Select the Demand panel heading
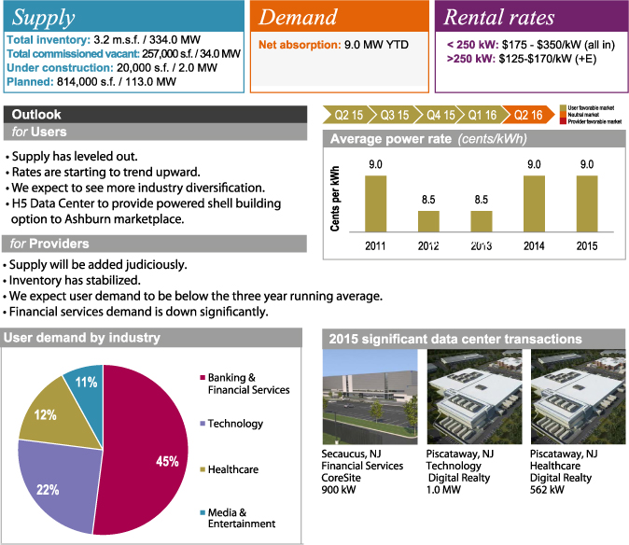click(x=298, y=17)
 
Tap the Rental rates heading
click(x=498, y=17)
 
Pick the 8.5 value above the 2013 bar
click(x=481, y=200)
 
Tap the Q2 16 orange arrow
click(x=527, y=115)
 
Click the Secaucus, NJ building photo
click(x=369, y=398)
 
